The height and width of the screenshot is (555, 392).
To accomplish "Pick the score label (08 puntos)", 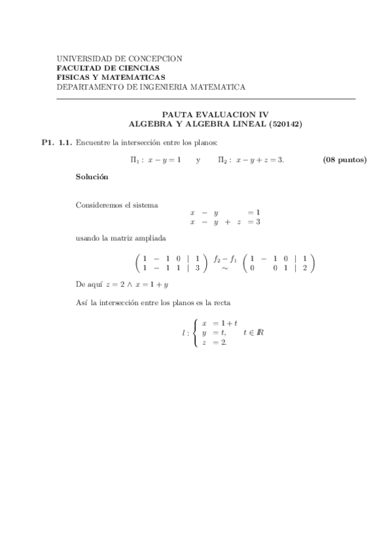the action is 345,160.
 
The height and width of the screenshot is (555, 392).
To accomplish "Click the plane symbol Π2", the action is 224,160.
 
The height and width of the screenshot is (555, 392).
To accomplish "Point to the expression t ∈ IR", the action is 253,332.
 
